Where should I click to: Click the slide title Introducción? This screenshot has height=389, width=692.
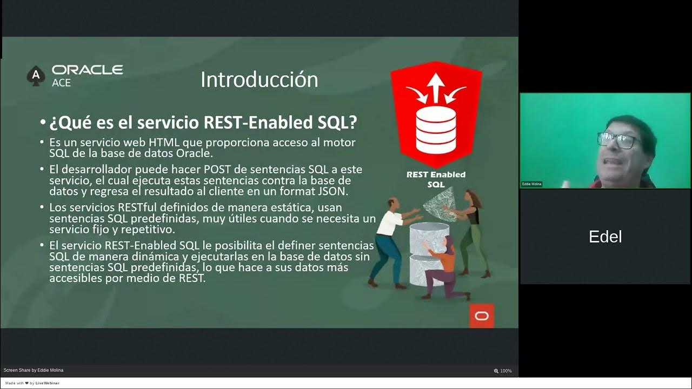pos(259,80)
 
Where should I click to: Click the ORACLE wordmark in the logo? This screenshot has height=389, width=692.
pos(87,70)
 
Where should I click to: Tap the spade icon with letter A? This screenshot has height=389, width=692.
pos(36,76)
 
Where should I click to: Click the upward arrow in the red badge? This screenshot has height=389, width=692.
pos(435,86)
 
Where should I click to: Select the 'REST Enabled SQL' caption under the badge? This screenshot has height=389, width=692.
pos(436,179)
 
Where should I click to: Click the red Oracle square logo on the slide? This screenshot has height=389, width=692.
pos(481,316)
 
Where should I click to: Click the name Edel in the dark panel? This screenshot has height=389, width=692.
pos(605,237)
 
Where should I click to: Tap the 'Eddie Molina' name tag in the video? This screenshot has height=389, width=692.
pos(531,184)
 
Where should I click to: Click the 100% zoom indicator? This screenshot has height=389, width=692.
pos(503,371)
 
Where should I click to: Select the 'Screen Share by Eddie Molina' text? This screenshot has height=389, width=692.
pos(34,370)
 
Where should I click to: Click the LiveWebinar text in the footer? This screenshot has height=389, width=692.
pos(48,383)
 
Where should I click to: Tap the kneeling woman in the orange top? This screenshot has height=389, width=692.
pos(444,267)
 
